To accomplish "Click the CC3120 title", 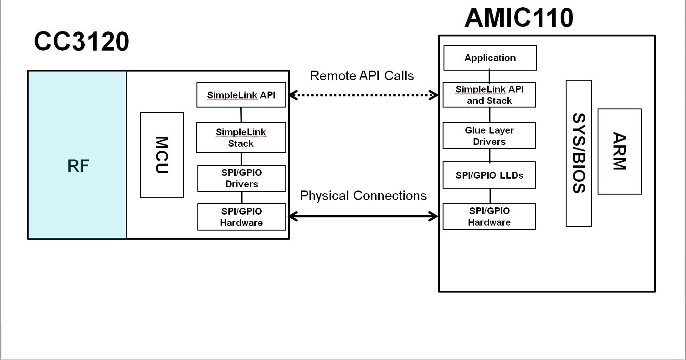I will pos(82,42).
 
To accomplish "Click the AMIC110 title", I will pos(519,18).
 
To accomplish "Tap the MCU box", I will pos(162,155).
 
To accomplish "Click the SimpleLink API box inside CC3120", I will pos(241,95).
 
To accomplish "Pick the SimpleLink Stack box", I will pos(241,138).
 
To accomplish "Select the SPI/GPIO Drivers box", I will pos(242,178).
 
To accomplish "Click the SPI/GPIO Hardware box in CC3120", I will pos(242,217).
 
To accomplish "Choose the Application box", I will pos(490,58).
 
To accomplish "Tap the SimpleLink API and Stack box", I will pos(489,95).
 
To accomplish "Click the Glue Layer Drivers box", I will pos(489,136).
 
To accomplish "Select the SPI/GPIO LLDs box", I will pos(489,175).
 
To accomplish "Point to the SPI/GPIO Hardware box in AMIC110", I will pos(489,216).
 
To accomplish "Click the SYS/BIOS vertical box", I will pos(578,153).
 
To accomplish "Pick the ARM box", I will pos(619,151).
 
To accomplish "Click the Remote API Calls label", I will pos(362,76).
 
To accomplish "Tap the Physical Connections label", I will pos(363,195).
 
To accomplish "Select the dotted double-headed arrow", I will pos(363,95).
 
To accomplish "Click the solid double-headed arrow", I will pos(363,216).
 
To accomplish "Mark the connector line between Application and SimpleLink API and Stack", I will pos(490,76).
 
